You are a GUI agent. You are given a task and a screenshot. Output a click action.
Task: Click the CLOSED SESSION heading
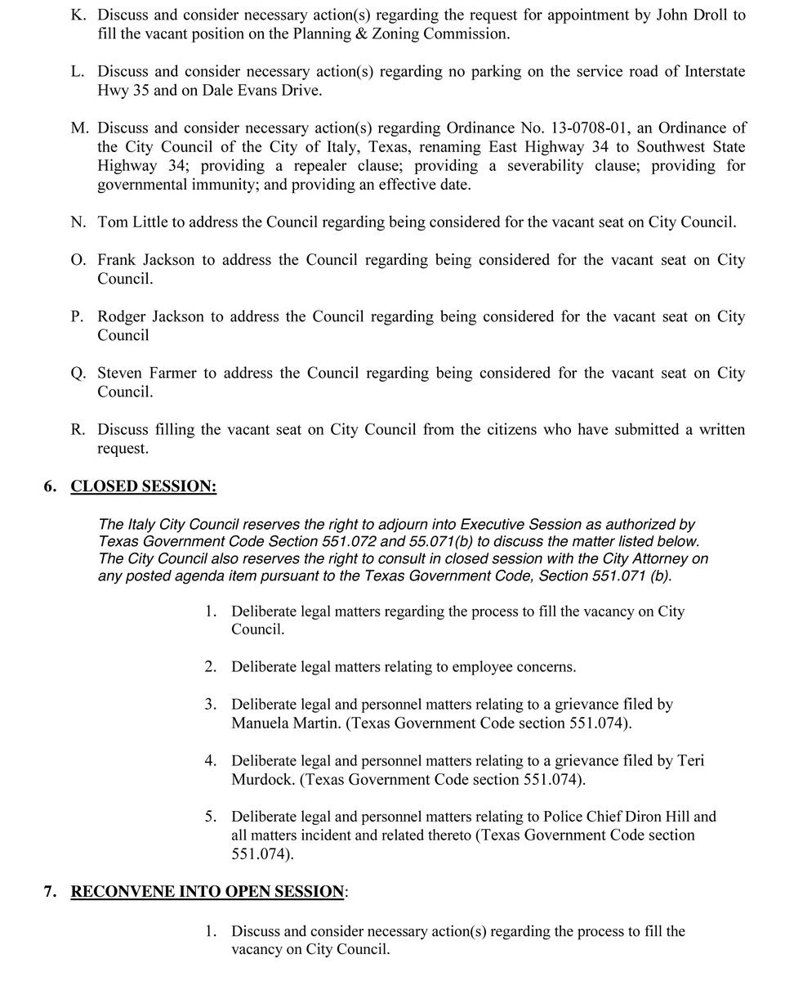click(x=144, y=486)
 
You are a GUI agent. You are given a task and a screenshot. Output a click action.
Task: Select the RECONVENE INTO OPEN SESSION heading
click(x=207, y=892)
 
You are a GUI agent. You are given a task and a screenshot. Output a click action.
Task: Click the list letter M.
click(x=79, y=128)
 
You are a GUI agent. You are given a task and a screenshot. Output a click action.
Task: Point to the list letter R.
click(x=78, y=429)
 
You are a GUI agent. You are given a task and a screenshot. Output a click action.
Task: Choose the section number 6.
click(x=51, y=486)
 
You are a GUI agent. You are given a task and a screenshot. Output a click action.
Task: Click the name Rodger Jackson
click(x=150, y=316)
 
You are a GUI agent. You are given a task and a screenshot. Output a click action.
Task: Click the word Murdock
click(x=261, y=780)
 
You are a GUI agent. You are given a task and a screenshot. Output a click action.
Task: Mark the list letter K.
click(x=78, y=15)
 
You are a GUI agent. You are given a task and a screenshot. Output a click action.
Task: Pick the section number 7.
click(x=51, y=892)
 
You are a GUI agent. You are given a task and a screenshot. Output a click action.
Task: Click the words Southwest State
click(x=690, y=147)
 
